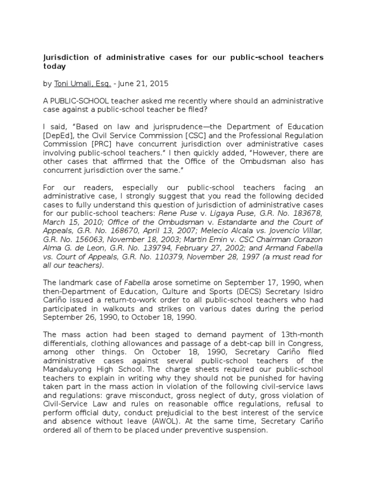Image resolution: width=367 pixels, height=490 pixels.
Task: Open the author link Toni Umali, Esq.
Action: pyautogui.click(x=83, y=84)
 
